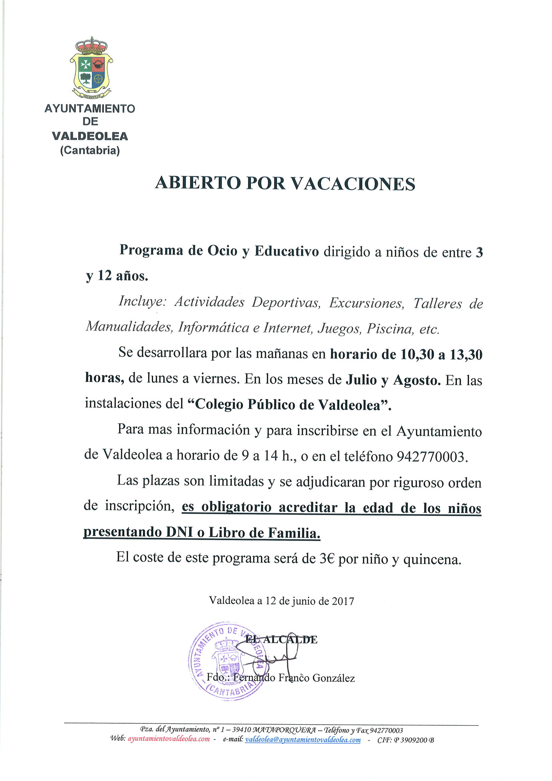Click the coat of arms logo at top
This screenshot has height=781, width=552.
[91, 68]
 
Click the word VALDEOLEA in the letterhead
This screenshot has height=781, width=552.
[90, 136]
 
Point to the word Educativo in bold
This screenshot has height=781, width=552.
[287, 252]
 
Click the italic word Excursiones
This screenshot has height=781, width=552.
[366, 303]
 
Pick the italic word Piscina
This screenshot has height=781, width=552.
[390, 329]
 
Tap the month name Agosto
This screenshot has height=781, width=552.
[417, 380]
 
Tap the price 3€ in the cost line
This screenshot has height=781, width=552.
[327, 559]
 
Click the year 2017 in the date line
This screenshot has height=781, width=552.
[343, 601]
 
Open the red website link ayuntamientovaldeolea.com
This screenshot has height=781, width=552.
[169, 739]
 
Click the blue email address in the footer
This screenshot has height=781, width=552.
[303, 740]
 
